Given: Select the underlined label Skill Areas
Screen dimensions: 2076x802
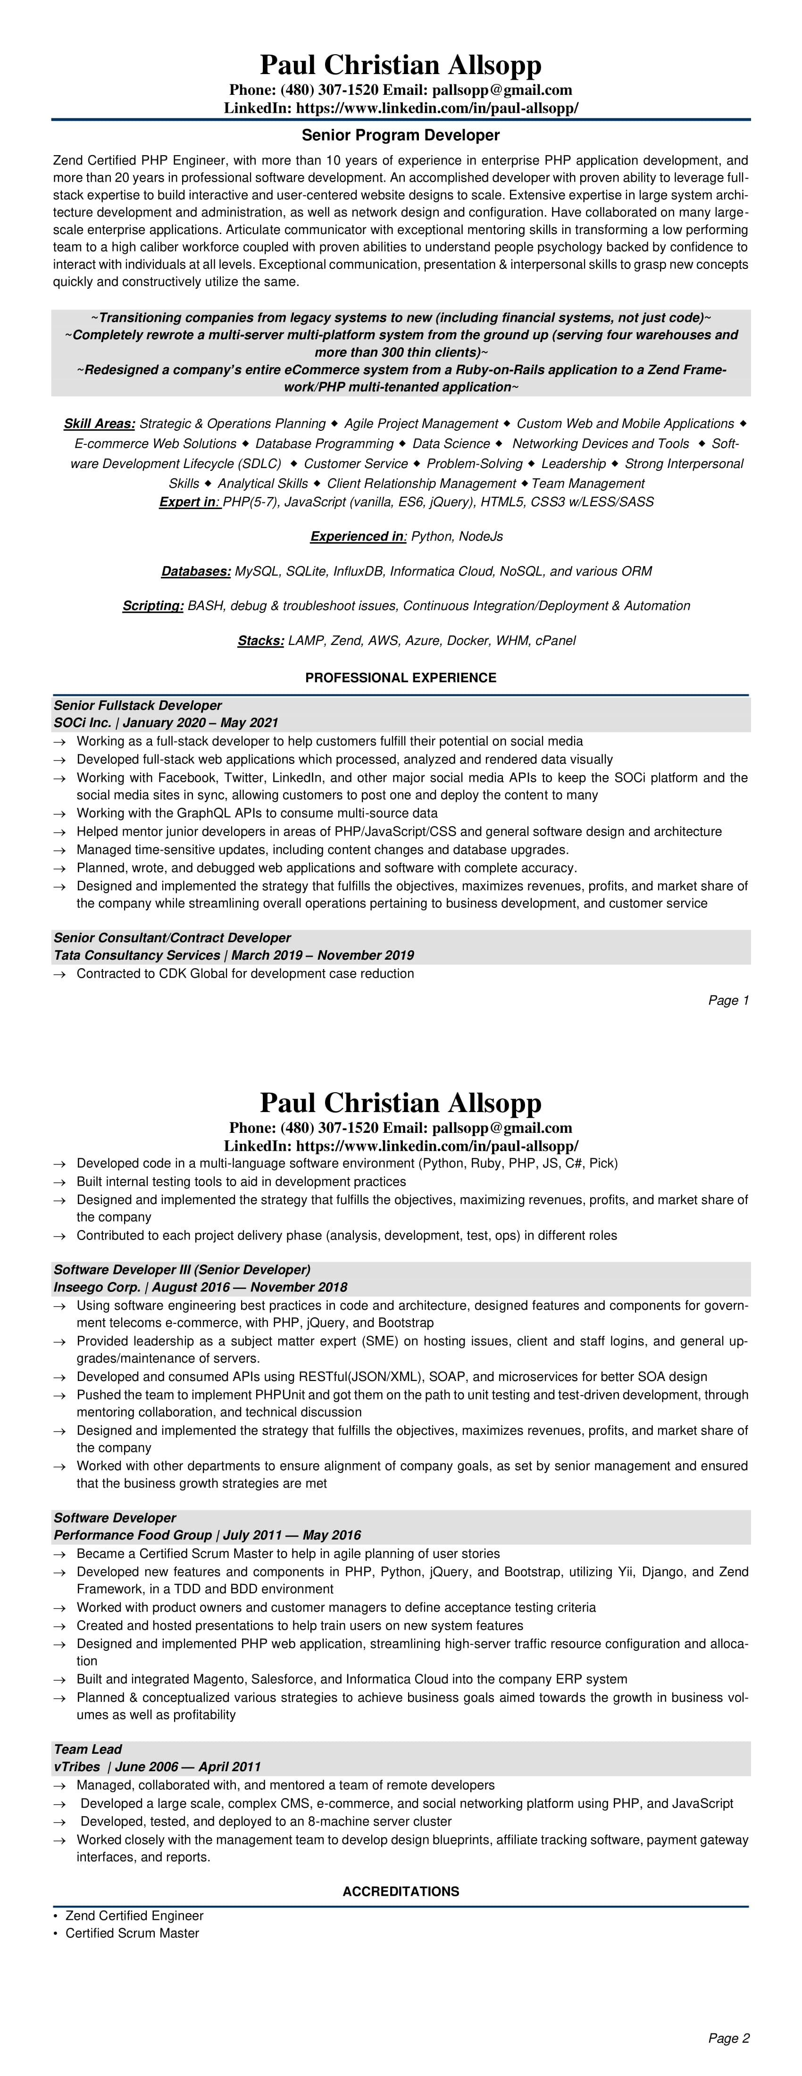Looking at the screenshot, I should (99, 424).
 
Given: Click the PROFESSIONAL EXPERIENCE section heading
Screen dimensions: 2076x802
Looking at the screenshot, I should (401, 678).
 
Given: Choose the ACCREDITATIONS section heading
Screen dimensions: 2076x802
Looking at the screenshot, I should (401, 1891).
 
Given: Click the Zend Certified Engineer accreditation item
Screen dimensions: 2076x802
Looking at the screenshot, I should (134, 1915).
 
